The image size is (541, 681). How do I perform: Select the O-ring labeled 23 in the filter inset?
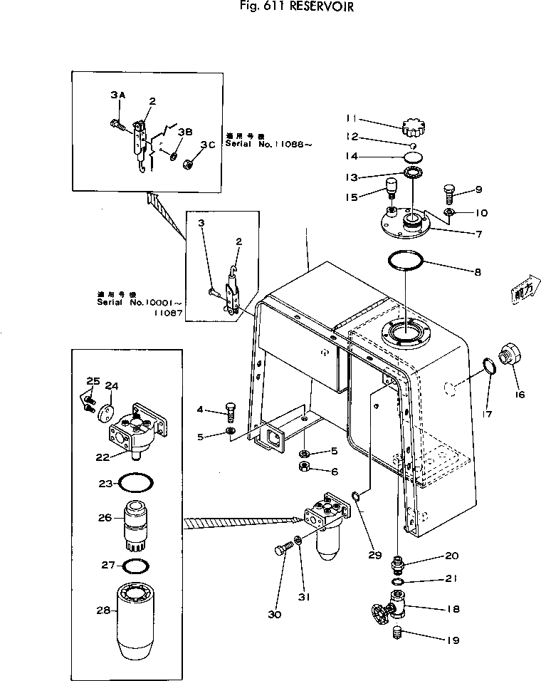click(135, 483)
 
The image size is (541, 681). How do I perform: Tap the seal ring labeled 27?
click(135, 567)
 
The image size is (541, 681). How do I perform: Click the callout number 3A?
click(117, 95)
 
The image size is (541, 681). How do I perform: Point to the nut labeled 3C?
click(190, 162)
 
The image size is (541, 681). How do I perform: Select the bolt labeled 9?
click(448, 192)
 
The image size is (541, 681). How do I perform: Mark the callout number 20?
click(432, 556)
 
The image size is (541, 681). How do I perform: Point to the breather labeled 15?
click(391, 190)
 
